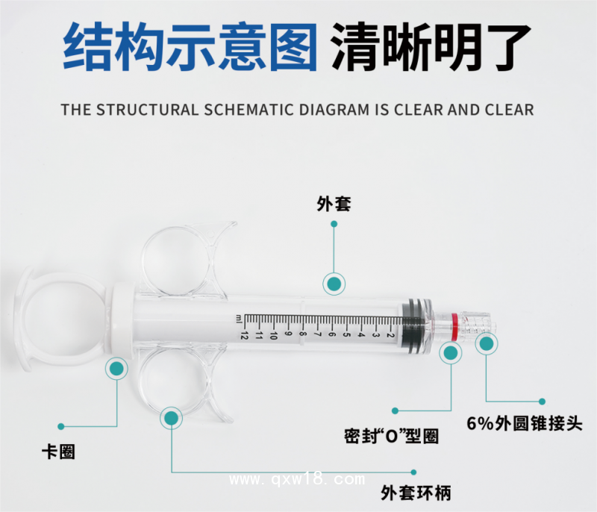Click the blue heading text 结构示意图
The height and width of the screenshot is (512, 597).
(x=190, y=46)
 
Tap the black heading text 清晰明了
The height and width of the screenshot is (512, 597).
(x=431, y=46)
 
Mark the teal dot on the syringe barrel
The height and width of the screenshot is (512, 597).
(x=334, y=284)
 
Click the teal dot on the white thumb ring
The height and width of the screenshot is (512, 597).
(x=116, y=367)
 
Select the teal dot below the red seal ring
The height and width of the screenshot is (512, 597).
(x=451, y=352)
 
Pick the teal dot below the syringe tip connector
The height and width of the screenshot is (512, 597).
(x=487, y=344)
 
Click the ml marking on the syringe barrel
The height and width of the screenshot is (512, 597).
(x=238, y=319)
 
